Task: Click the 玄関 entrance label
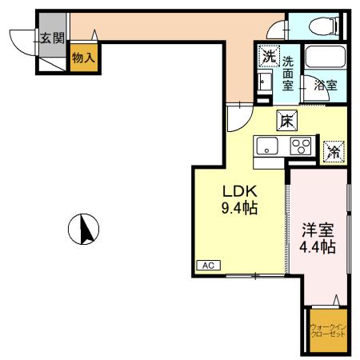[x=53, y=37]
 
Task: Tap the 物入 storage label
[x=84, y=57]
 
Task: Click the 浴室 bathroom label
[x=324, y=84]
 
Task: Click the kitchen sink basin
[x=266, y=146]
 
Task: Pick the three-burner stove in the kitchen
[x=299, y=146]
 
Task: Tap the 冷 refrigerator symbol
[x=330, y=149]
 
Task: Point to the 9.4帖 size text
[x=238, y=209]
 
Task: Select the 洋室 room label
[x=318, y=230]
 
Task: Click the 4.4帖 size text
[x=318, y=246]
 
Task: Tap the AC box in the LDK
[x=206, y=265]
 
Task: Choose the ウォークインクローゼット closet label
[x=327, y=330]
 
